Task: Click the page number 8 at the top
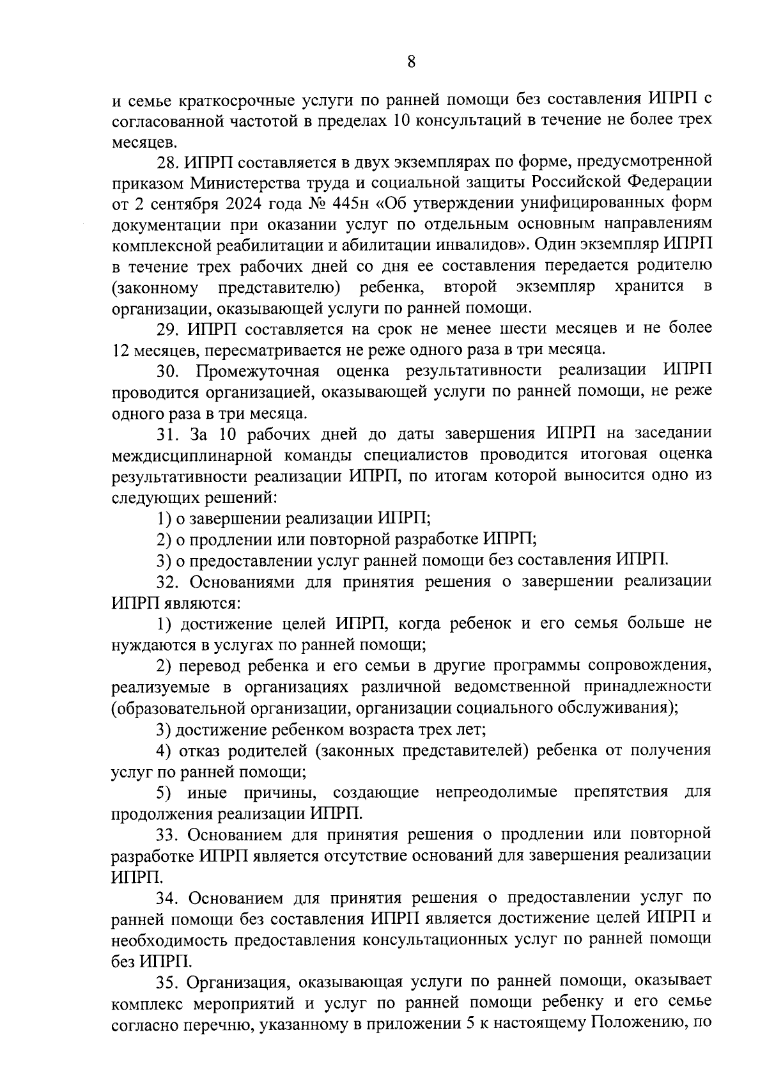(x=411, y=62)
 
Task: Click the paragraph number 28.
(x=167, y=161)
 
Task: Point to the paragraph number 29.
(x=167, y=329)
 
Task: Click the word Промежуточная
(x=258, y=371)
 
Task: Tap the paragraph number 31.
(x=167, y=434)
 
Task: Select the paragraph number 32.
(x=167, y=581)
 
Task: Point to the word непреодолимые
(x=496, y=793)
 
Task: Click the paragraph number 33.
(x=167, y=834)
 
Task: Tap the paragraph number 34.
(x=167, y=898)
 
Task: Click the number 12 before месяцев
(x=120, y=350)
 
